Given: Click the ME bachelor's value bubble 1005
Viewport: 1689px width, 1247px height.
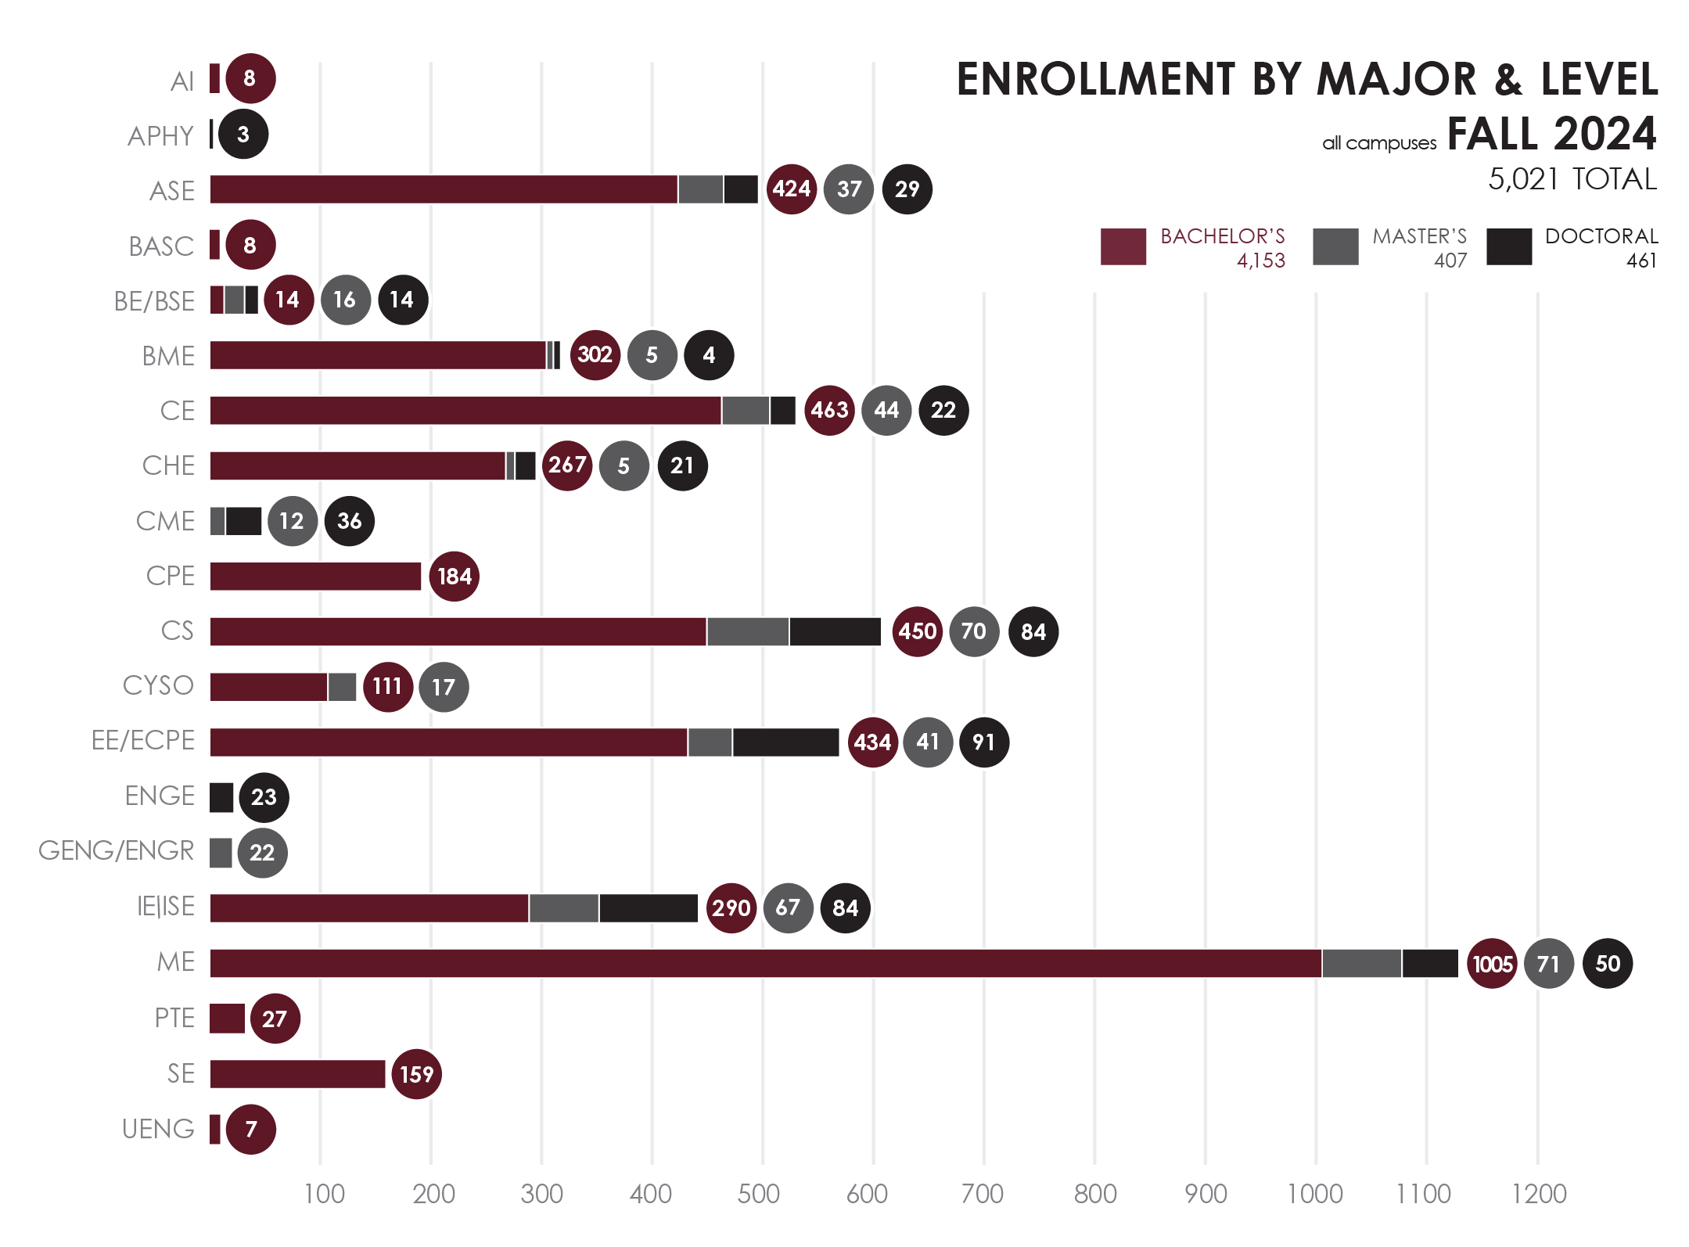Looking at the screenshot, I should pyautogui.click(x=1491, y=963).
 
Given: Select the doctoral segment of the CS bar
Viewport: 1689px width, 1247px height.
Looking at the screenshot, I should pyautogui.click(x=835, y=631).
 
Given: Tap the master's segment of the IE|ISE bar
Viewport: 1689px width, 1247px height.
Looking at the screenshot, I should pyautogui.click(x=564, y=907).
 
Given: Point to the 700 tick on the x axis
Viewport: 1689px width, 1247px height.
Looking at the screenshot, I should pyautogui.click(x=983, y=1194).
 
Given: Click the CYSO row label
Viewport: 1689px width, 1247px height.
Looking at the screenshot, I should pyautogui.click(x=158, y=685).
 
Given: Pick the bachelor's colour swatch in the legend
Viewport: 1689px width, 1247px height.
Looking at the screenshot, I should pyautogui.click(x=1123, y=246).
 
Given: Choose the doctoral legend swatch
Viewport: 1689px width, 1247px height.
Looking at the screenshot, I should pyautogui.click(x=1508, y=246).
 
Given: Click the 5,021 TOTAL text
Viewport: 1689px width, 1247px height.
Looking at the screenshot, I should pyautogui.click(x=1572, y=179).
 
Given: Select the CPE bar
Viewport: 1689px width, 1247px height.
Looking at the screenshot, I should pyautogui.click(x=315, y=576).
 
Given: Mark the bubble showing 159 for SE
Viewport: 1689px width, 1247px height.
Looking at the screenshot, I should pyautogui.click(x=416, y=1073).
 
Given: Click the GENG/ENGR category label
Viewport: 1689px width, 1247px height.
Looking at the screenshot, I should pyautogui.click(x=116, y=850).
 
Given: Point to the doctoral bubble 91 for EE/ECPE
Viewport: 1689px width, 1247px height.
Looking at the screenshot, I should pyautogui.click(x=983, y=742).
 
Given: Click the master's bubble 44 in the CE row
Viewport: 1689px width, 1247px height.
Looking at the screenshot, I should pyautogui.click(x=886, y=410).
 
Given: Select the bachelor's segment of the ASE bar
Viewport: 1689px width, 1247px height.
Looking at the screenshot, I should pyautogui.click(x=444, y=189).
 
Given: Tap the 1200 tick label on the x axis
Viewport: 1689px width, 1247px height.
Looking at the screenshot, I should pyautogui.click(x=1539, y=1194).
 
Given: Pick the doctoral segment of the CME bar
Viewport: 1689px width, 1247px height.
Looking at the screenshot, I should pyautogui.click(x=243, y=521).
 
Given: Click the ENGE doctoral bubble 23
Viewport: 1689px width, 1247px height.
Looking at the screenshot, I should pyautogui.click(x=264, y=797).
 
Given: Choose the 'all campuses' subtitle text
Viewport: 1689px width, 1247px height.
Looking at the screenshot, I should pyautogui.click(x=1378, y=143).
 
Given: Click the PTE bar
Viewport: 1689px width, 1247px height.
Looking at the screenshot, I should pyautogui.click(x=227, y=1018).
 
